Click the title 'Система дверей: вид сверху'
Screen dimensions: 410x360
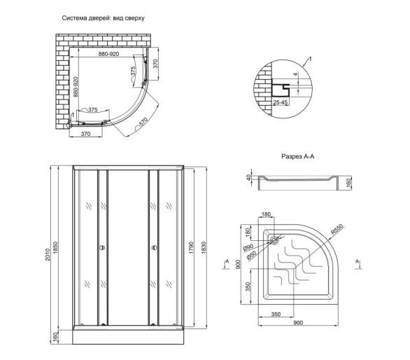(x=103, y=18)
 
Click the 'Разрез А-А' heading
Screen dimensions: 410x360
(x=297, y=157)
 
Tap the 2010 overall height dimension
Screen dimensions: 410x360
(x=48, y=255)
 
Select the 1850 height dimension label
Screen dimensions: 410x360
(x=56, y=248)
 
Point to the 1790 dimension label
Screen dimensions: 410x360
(x=191, y=248)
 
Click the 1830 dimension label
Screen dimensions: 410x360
(x=204, y=248)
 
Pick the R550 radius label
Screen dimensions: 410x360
(x=337, y=229)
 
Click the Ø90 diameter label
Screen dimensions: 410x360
(x=248, y=248)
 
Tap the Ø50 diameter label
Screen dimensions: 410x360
(x=251, y=256)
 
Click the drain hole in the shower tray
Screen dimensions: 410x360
(x=274, y=240)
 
